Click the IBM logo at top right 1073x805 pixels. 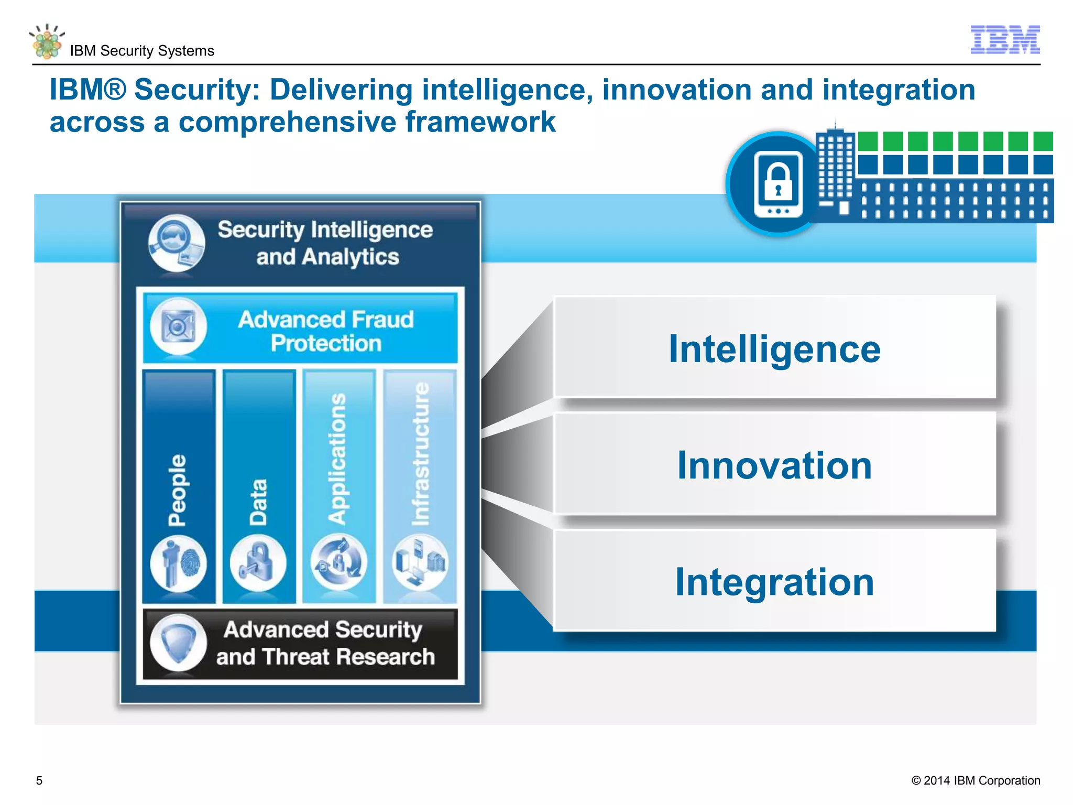[x=1005, y=40]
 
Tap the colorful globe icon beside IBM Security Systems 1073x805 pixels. [x=47, y=42]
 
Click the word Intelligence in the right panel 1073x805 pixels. [x=774, y=349]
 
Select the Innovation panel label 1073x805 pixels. [x=774, y=465]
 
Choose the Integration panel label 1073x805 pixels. [x=774, y=582]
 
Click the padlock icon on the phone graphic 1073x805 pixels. [x=778, y=181]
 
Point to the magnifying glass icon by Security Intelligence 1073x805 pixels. [x=176, y=242]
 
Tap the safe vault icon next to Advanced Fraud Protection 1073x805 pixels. [x=178, y=326]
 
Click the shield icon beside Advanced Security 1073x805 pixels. [x=178, y=643]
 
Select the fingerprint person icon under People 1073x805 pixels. [x=178, y=564]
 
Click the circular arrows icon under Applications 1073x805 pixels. [x=338, y=563]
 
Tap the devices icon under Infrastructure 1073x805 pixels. [x=420, y=563]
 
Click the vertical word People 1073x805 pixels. [x=177, y=490]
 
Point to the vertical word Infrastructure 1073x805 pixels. [x=421, y=454]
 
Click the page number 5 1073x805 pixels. [x=39, y=780]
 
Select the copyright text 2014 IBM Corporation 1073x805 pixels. [x=976, y=780]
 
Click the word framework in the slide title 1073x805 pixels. [x=480, y=122]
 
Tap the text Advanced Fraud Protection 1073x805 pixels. [x=326, y=331]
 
